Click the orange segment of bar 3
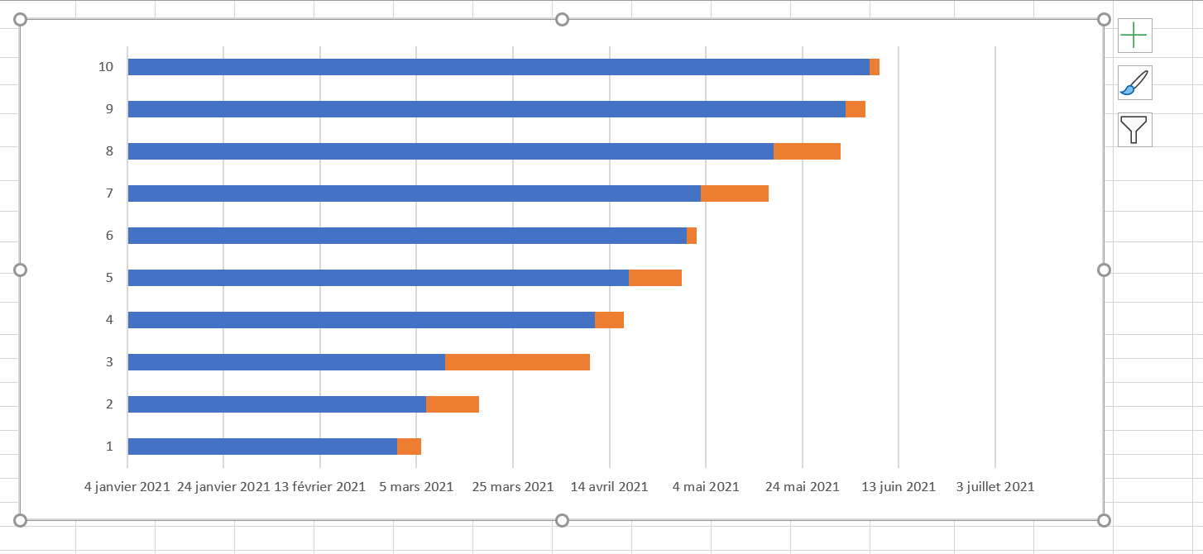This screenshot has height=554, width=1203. pos(517,362)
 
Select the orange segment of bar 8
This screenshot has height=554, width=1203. pos(807,150)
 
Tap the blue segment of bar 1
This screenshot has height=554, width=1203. pos(262,447)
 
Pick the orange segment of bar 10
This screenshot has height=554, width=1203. pos(875,67)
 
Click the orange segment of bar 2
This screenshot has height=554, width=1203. pos(453,404)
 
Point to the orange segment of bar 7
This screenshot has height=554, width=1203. pos(735,193)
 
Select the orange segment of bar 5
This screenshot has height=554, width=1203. pos(655,278)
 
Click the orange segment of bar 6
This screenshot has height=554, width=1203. pos(692,235)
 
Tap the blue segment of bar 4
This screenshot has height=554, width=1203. pos(362,320)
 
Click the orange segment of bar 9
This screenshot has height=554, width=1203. pos(856,109)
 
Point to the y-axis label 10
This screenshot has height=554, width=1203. pos(106,67)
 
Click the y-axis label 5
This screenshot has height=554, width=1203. pos(109,278)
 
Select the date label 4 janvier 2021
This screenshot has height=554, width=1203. pos(127,486)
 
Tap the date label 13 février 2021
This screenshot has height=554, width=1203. pos(319,486)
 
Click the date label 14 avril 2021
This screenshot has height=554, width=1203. pos(609,486)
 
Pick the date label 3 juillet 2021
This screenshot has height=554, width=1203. pos(995,486)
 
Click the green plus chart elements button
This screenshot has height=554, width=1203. pos(1135,36)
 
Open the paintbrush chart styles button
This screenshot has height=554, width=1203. pos(1135,83)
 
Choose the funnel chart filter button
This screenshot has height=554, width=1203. pos(1135,130)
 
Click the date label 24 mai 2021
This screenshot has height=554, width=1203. pos(802,486)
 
